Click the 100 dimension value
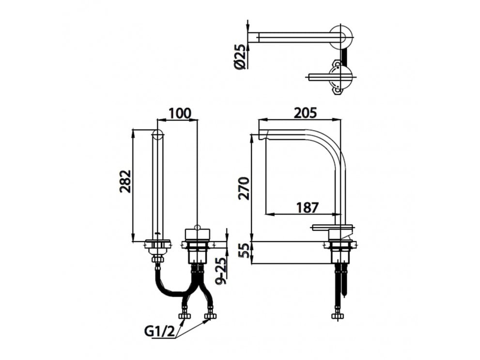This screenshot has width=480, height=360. [x=180, y=113]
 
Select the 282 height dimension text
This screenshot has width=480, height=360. [x=125, y=181]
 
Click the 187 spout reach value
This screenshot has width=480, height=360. [x=307, y=207]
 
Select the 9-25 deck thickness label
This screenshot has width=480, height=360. [x=220, y=271]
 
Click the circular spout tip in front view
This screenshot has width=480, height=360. [x=157, y=135]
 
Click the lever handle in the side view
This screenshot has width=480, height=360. [x=331, y=227]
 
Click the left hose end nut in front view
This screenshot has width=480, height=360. [x=184, y=316]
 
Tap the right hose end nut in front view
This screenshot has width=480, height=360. [x=210, y=316]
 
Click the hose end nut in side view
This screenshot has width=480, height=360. [x=337, y=316]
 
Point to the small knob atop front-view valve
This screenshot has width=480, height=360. [x=197, y=226]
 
